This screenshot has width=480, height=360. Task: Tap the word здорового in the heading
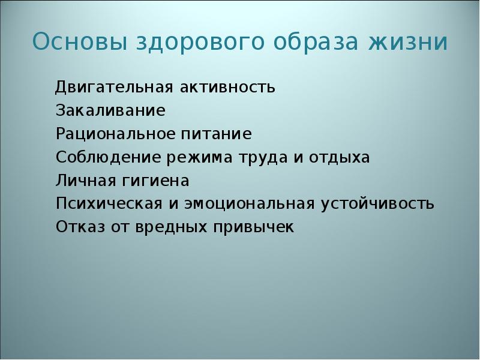coord(191,44)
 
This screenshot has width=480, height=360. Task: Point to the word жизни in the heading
coord(411,43)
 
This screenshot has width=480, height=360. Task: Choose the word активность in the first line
coord(228,88)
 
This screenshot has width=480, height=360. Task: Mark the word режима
coord(194,158)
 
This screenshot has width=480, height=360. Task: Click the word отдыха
coord(340,158)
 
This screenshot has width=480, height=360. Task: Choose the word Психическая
coord(108,204)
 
